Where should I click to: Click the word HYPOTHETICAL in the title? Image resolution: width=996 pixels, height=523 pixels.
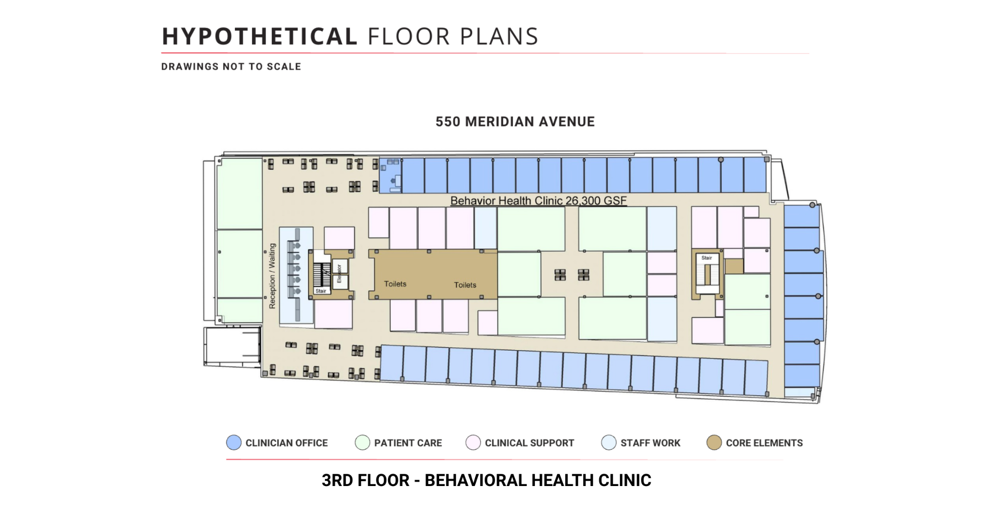(260, 36)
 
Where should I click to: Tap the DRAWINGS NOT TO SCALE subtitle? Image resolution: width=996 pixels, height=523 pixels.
(231, 67)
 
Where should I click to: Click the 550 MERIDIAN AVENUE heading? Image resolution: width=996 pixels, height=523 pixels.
(515, 122)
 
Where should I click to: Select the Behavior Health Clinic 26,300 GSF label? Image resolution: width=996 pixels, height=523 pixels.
(538, 200)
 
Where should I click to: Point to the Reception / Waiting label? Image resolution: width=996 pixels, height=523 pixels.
(272, 276)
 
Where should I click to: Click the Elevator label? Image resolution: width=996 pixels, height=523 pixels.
(339, 273)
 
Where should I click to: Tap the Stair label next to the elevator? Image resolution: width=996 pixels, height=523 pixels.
(321, 291)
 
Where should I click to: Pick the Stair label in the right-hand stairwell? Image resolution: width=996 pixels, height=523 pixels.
(707, 258)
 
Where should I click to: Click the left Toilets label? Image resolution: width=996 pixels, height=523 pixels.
(395, 284)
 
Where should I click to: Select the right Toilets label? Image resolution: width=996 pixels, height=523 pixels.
(465, 285)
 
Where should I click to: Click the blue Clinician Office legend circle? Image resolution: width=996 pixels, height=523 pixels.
(234, 442)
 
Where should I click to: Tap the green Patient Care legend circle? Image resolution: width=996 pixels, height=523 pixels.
(362, 442)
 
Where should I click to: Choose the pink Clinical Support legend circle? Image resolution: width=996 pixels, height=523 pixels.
(473, 442)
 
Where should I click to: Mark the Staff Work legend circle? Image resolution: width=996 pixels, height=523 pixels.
(609, 442)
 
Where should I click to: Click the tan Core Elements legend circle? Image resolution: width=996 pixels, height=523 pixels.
(714, 442)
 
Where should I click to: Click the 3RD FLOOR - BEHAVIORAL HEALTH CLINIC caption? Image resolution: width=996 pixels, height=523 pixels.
(486, 480)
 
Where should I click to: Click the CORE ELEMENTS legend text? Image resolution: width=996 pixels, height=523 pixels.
(764, 443)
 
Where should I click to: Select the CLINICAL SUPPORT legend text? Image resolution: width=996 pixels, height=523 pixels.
(529, 443)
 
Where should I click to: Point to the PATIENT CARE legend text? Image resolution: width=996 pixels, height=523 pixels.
(408, 443)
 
